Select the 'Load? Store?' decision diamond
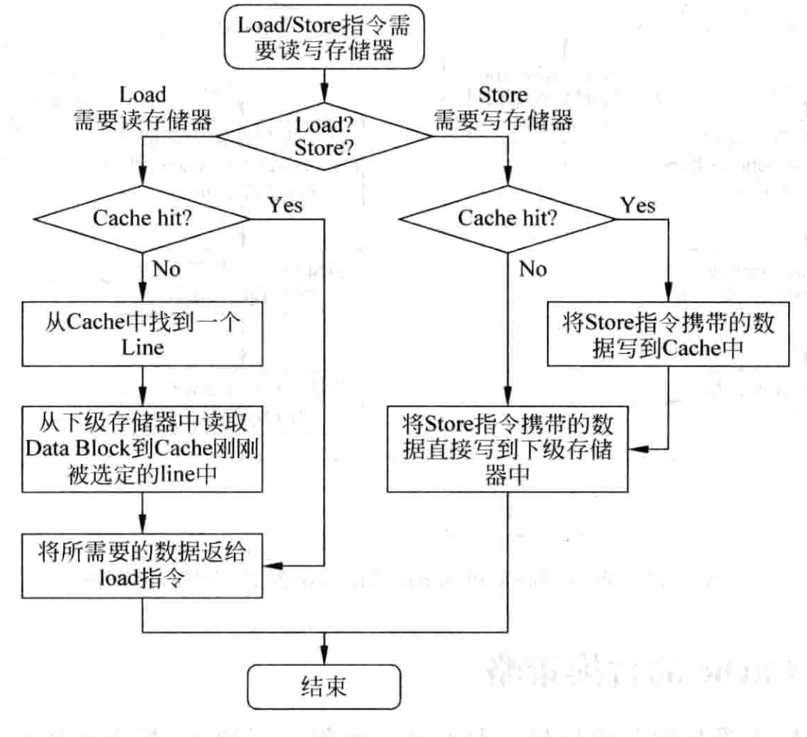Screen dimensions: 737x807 click(x=324, y=135)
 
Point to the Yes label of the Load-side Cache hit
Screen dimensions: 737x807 click(x=285, y=204)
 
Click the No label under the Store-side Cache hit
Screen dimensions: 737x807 click(x=532, y=270)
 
